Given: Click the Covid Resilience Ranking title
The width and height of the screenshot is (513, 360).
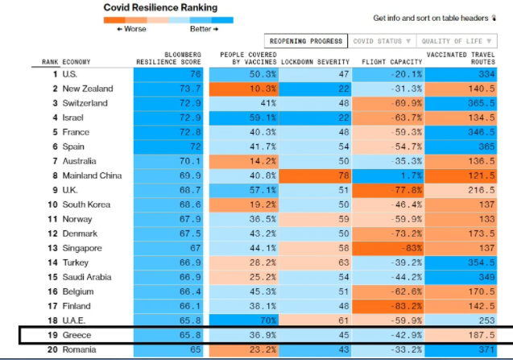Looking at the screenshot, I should (160, 7).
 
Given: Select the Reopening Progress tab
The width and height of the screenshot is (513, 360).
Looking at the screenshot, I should (306, 41).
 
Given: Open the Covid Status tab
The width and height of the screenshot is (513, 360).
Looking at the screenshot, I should (382, 41).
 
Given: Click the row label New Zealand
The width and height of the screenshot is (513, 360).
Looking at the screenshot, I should (87, 89).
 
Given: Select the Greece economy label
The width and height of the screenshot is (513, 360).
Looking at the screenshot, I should (77, 335).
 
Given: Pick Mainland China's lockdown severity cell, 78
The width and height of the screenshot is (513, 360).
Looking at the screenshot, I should (320, 176).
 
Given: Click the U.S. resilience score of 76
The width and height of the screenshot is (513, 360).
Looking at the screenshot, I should (171, 74).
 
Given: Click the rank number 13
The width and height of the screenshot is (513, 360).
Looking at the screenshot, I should (52, 248).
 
